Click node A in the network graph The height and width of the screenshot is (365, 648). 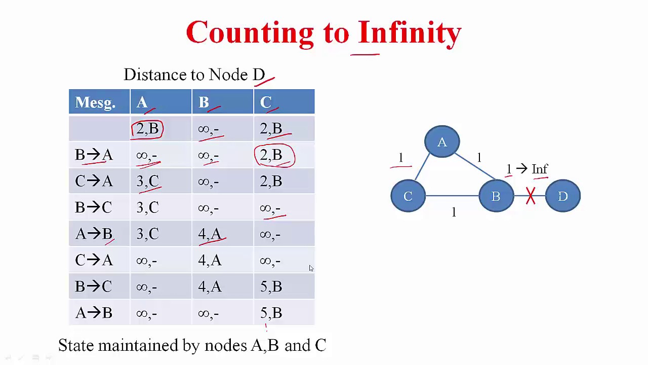(442, 141)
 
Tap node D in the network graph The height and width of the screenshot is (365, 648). (562, 196)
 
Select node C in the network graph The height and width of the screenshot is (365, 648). (408, 196)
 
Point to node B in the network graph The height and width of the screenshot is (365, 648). (496, 196)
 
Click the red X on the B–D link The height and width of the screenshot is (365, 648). (531, 196)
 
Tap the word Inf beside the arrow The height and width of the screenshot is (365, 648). (540, 169)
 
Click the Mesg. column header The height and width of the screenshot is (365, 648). (96, 102)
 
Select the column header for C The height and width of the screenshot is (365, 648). (266, 102)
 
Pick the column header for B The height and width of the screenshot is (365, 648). (204, 102)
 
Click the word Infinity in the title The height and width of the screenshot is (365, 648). (410, 32)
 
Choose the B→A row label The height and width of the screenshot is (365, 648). (94, 155)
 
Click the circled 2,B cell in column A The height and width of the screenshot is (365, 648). (147, 129)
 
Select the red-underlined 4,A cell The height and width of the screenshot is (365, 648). (210, 234)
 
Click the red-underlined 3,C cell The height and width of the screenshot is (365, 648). (148, 181)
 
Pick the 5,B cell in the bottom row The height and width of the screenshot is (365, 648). (271, 313)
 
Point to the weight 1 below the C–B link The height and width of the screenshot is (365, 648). (454, 212)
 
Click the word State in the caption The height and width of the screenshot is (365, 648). (76, 345)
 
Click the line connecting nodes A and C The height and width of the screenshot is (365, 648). (422, 167)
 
